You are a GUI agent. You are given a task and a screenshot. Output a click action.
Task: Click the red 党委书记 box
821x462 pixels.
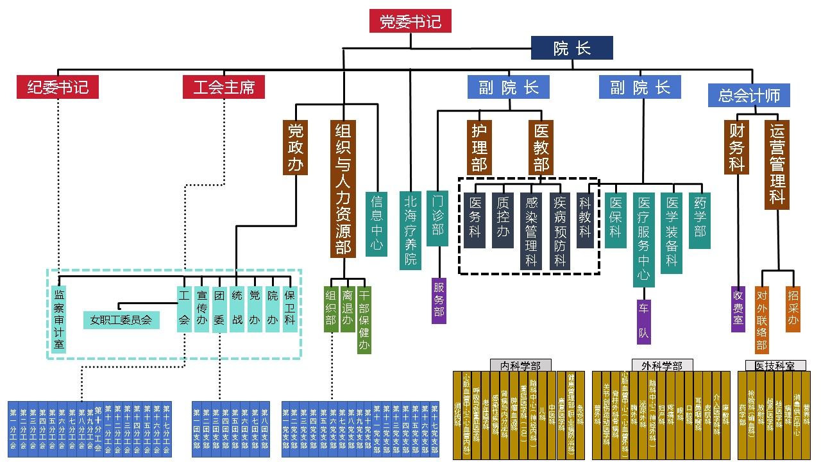tap(410, 22)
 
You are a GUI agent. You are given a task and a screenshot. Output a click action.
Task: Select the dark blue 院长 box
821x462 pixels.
tap(571, 48)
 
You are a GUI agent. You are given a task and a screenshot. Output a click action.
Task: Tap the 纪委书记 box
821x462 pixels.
tap(58, 87)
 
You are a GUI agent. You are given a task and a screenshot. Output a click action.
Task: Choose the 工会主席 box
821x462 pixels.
tap(224, 87)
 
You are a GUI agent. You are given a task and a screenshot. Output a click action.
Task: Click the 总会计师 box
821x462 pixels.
tap(749, 96)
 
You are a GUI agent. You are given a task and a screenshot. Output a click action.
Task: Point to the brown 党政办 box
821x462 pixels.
tap(295, 148)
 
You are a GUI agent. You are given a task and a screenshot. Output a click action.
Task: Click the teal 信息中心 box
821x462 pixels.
tap(377, 223)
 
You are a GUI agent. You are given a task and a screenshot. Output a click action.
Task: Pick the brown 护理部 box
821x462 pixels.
tap(479, 148)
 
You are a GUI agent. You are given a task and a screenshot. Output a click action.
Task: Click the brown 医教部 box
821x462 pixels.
tap(541, 148)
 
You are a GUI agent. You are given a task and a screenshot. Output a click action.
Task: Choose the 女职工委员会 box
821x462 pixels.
tap(121, 320)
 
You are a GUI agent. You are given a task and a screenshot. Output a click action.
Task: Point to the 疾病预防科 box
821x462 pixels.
tap(560, 230)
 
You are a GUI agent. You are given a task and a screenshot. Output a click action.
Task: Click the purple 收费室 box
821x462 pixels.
tap(738, 309)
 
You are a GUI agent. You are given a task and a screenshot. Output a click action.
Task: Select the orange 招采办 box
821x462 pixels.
tap(793, 309)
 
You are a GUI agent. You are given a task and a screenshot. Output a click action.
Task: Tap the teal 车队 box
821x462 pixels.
tap(643, 321)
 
